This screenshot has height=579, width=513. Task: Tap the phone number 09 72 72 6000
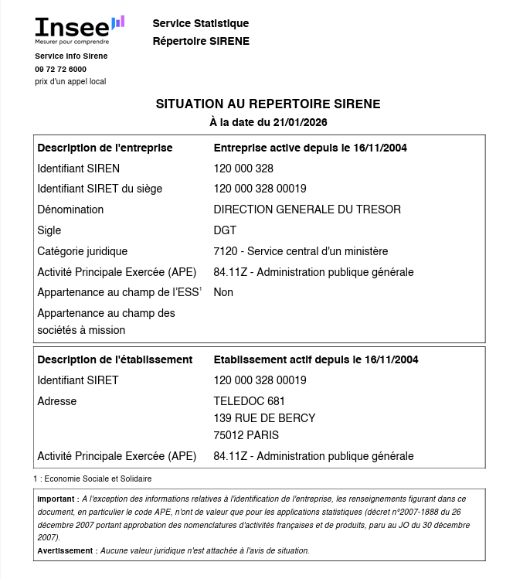tap(60, 69)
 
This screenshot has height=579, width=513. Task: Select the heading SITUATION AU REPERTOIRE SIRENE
tap(268, 104)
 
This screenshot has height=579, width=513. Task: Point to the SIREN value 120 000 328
tap(243, 169)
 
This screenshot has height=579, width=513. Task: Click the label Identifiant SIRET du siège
tap(100, 189)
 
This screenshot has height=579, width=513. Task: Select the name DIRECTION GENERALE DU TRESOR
tap(307, 209)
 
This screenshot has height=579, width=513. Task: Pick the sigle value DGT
tap(225, 230)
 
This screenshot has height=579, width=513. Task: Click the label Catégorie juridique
tap(82, 251)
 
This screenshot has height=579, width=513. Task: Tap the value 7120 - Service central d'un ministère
tap(301, 251)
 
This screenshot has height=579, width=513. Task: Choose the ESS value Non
tap(223, 292)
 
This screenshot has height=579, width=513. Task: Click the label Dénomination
tap(70, 209)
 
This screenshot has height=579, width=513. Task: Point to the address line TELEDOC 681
tap(249, 401)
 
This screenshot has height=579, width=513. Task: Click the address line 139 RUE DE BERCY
tap(264, 418)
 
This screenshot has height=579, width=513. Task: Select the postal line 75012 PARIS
tap(246, 435)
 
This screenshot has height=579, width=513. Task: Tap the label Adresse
tap(57, 401)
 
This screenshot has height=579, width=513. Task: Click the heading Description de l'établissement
tap(114, 359)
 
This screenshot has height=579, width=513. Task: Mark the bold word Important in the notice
tap(57, 499)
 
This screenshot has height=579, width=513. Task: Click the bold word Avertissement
tap(66, 550)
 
